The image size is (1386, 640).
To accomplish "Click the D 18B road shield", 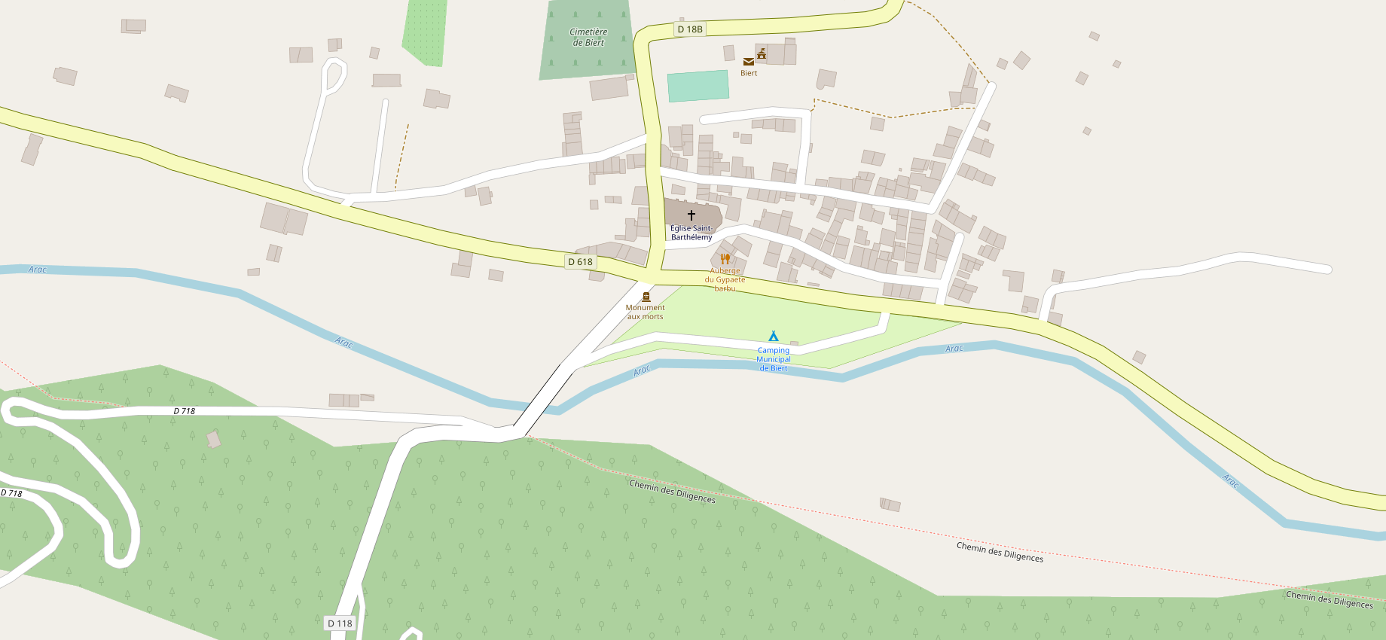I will pyautogui.click(x=689, y=29).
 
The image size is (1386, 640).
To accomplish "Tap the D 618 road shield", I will pyautogui.click(x=580, y=262).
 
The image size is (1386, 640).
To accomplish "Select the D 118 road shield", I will pyautogui.click(x=340, y=623).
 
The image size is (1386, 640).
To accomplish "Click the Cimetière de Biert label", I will pyautogui.click(x=588, y=37).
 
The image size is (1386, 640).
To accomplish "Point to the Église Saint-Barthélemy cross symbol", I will pyautogui.click(x=691, y=215).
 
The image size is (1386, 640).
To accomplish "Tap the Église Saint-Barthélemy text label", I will pyautogui.click(x=691, y=233).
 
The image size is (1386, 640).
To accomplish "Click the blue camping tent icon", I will pyautogui.click(x=773, y=337).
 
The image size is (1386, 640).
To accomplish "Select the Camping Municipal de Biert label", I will pyautogui.click(x=774, y=359).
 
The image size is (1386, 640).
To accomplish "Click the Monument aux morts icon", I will pyautogui.click(x=646, y=297).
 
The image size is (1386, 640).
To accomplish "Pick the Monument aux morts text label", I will pyautogui.click(x=645, y=312).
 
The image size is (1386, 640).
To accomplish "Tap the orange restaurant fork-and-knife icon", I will pyautogui.click(x=725, y=259).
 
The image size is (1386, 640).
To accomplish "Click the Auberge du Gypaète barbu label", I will pyautogui.click(x=725, y=279).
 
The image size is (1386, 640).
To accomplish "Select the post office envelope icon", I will pyautogui.click(x=748, y=62).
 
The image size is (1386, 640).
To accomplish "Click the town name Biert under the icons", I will pyautogui.click(x=749, y=73).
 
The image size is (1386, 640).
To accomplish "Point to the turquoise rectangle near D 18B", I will pyautogui.click(x=698, y=86).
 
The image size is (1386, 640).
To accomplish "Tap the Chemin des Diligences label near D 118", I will pyautogui.click(x=672, y=492).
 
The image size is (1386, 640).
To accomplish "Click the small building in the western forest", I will pyautogui.click(x=214, y=439).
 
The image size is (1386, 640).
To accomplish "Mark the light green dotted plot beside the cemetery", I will pyautogui.click(x=426, y=30).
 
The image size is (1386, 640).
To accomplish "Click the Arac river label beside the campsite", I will pyautogui.click(x=642, y=370).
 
